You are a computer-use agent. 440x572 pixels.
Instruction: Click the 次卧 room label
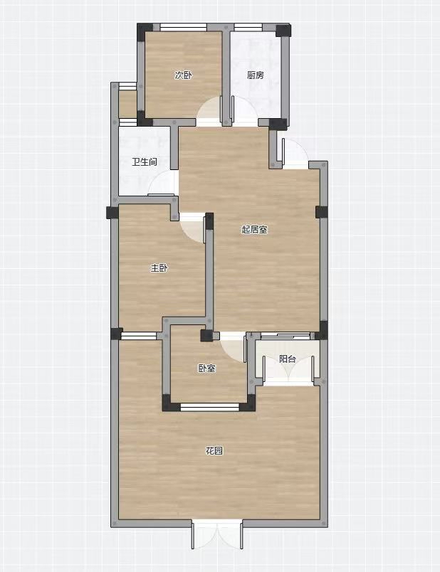point(183,75)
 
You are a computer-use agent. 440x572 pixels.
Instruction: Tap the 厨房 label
point(255,75)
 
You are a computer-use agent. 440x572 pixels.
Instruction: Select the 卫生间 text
point(145,161)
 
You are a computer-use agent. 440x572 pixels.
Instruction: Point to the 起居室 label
point(254,230)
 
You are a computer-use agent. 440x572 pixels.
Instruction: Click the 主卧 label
point(159,268)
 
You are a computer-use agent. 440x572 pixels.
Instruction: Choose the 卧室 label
point(207,369)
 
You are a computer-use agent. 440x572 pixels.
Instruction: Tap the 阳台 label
point(288,359)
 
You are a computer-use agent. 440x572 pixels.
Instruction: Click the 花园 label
point(214,451)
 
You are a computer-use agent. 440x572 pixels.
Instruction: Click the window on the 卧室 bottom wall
point(209,407)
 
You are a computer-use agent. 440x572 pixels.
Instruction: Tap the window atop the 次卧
point(183,27)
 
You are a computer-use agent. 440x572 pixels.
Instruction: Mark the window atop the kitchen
point(248,27)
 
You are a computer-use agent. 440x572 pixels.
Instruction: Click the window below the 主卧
point(139,336)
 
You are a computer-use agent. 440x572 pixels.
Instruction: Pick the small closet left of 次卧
point(128,104)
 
